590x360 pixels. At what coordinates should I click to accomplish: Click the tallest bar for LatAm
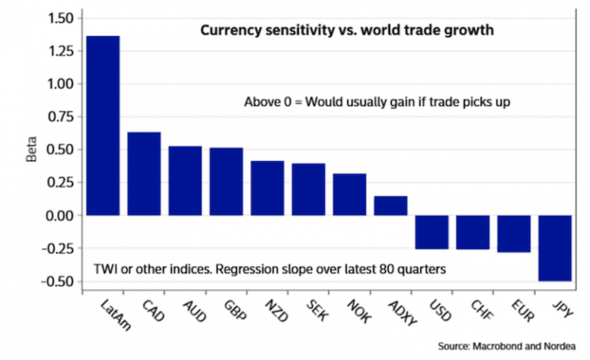[103, 126]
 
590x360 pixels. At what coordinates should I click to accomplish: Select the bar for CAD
[144, 173]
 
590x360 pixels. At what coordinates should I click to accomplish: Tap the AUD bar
[185, 180]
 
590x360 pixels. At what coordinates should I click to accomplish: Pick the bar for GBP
[226, 181]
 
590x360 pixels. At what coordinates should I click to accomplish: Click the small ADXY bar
[390, 206]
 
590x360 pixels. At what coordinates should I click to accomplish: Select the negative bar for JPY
[555, 248]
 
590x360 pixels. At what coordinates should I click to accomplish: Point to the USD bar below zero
[431, 233]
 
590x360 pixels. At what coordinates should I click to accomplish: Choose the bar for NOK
[349, 194]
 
